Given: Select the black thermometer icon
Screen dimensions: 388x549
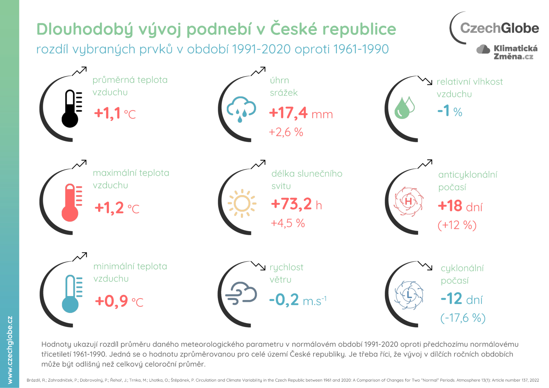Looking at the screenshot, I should tap(71, 108).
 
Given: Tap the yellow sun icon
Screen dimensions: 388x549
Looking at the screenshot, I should tap(242, 203).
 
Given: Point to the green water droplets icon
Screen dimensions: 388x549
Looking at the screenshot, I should tap(404, 107).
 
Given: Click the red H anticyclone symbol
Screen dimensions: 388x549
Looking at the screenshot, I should tap(408, 201).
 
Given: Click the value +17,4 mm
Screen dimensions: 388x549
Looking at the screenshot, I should tap(301, 113).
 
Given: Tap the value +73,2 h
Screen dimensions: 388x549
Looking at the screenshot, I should tap(296, 204).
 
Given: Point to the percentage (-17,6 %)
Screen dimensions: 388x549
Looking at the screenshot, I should tap(463, 318).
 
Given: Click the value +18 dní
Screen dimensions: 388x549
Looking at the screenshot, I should tap(460, 206).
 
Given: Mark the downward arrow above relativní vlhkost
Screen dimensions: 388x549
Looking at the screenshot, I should tap(425, 80).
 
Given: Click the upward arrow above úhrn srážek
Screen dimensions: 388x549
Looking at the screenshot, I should tap(258, 71).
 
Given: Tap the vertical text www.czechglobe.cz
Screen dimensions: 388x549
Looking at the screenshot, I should tap(10, 350).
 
